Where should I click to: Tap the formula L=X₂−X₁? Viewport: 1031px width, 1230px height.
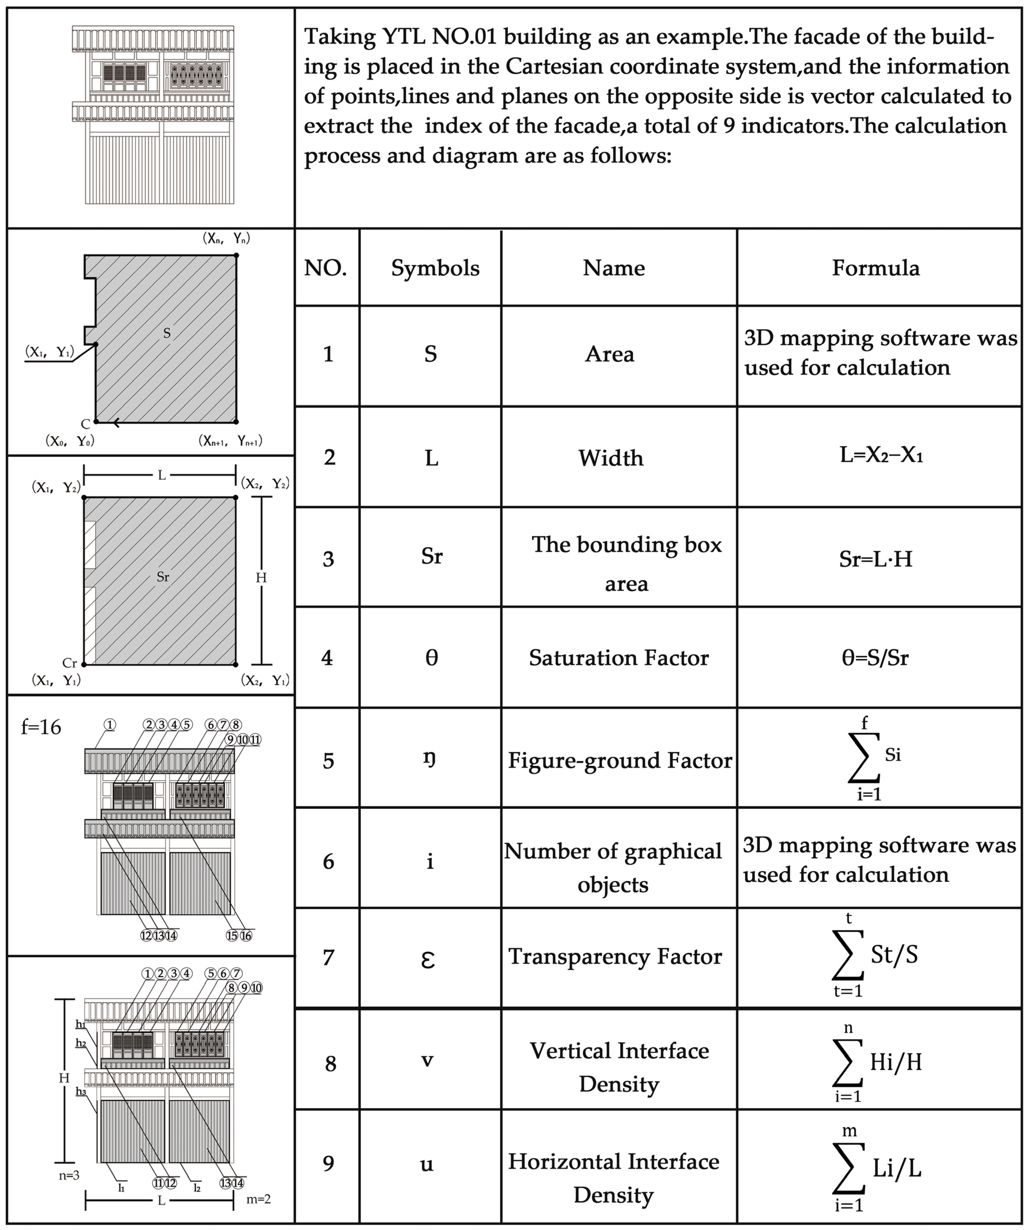pos(881,455)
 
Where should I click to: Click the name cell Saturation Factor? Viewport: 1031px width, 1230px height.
pos(618,658)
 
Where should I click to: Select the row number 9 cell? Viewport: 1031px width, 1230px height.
pos(328,1163)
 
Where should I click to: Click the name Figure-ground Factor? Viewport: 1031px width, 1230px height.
pos(619,760)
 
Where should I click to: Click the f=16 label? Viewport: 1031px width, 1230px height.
pos(41,727)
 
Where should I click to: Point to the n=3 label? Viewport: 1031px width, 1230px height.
pos(69,1175)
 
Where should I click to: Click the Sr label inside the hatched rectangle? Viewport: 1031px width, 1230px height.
pos(163,577)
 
